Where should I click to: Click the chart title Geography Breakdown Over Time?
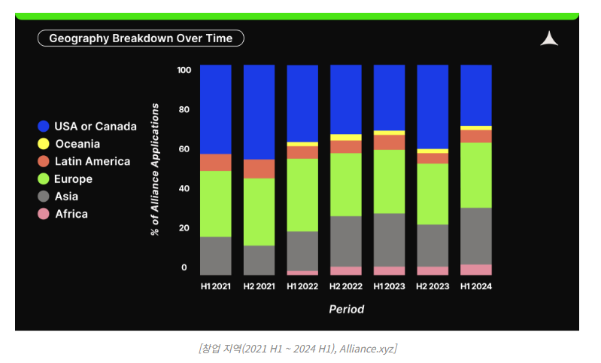[141, 38]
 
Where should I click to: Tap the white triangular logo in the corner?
[549, 39]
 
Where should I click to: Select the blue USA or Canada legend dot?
[44, 127]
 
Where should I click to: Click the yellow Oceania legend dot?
[44, 144]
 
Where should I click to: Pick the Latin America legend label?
[92, 161]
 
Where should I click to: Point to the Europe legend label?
[74, 179]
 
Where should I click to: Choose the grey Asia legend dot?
[44, 197]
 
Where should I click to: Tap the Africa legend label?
[71, 214]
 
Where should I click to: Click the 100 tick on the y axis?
[184, 70]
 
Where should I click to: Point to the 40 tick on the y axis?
[184, 188]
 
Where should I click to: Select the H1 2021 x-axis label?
[215, 286]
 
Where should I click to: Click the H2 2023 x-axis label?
[433, 286]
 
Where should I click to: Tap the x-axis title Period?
[346, 309]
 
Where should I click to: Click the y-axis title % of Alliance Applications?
[155, 169]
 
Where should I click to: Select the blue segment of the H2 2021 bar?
[259, 111]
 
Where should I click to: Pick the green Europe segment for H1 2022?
[302, 194]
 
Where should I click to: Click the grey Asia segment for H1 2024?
[476, 236]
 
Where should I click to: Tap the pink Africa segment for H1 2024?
[476, 270]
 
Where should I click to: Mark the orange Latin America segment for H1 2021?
[215, 162]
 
